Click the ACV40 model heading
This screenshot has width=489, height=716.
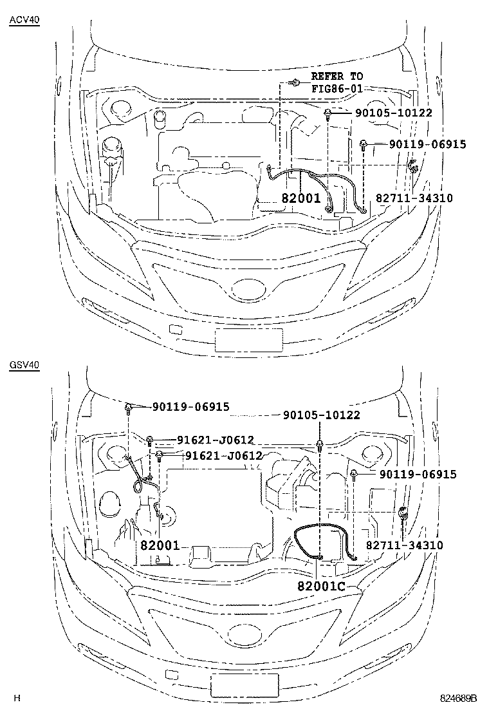(24, 20)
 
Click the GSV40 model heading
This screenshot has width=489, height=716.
(24, 365)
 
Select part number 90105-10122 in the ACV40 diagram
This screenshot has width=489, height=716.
(393, 113)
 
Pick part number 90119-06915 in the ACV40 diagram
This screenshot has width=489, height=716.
(427, 144)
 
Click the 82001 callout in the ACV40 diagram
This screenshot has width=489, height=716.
(300, 198)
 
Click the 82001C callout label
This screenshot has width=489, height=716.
(322, 587)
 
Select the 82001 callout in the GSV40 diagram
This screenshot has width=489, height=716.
(160, 545)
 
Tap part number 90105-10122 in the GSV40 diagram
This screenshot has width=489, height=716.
(321, 416)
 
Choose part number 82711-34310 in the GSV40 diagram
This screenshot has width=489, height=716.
(404, 545)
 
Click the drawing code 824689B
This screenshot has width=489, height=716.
(459, 698)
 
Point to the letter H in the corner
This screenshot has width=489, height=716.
(17, 698)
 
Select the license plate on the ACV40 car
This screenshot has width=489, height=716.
(248, 339)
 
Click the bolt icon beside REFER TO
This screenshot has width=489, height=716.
(295, 82)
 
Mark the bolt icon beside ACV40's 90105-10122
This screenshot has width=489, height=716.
(328, 115)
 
